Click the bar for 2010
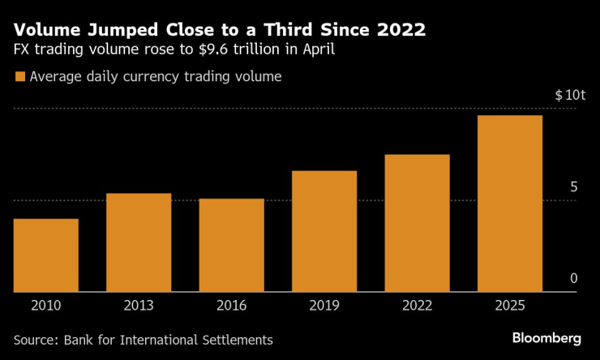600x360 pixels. pyautogui.click(x=45, y=255)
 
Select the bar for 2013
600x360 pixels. pyautogui.click(x=139, y=242)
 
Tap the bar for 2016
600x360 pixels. pyautogui.click(x=231, y=245)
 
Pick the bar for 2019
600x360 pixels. pyautogui.click(x=324, y=231)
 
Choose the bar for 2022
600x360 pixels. pyautogui.click(x=417, y=223)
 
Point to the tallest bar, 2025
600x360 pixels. pyautogui.click(x=510, y=204)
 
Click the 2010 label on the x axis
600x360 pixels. pyautogui.click(x=45, y=306)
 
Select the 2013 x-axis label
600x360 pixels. pyautogui.click(x=139, y=306)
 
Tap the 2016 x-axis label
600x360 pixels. pyautogui.click(x=231, y=306)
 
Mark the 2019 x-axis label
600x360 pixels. pyautogui.click(x=324, y=306)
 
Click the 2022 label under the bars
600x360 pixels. pyautogui.click(x=417, y=306)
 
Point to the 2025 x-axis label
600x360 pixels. pyautogui.click(x=510, y=306)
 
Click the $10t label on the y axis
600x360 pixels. pyautogui.click(x=570, y=95)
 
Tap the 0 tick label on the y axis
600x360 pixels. pyautogui.click(x=573, y=278)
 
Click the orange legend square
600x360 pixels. pyautogui.click(x=19, y=77)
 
